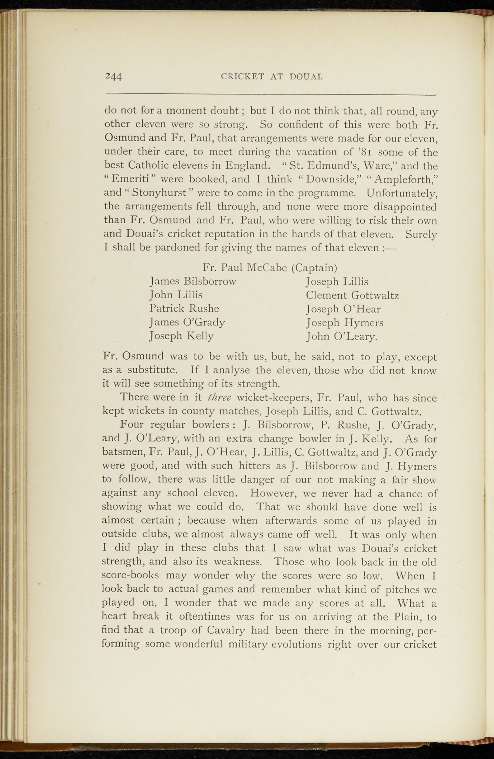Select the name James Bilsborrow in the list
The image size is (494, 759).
tap(193, 281)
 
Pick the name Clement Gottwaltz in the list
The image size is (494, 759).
tap(352, 295)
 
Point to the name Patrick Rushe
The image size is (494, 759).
tap(184, 308)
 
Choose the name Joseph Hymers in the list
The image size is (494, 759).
tap(345, 323)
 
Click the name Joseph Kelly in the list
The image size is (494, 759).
tap(182, 336)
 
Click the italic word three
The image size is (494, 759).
tap(220, 398)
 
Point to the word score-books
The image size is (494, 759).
tap(130, 576)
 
